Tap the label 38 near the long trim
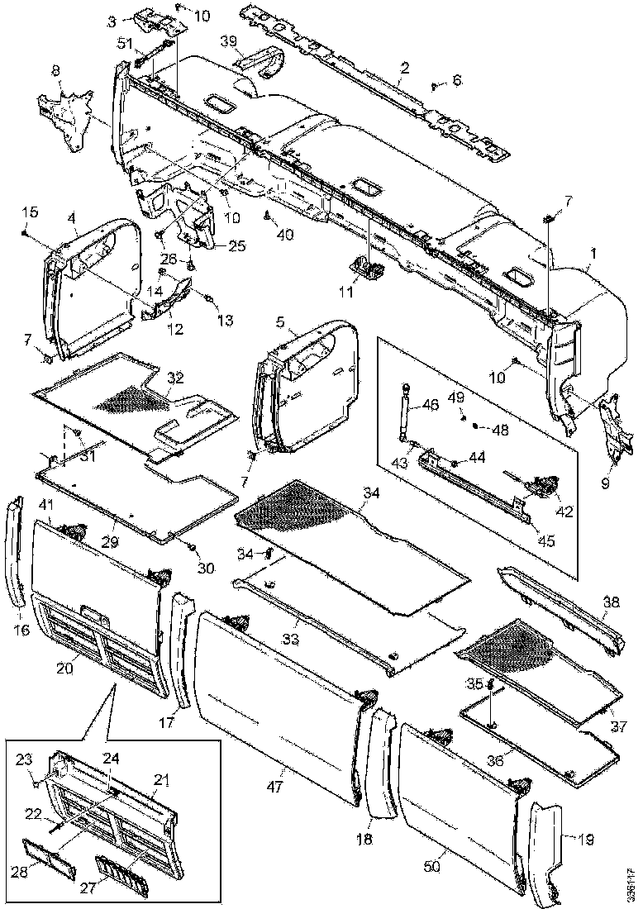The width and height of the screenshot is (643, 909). coord(611,603)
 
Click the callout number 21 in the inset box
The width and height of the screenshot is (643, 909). coord(162,778)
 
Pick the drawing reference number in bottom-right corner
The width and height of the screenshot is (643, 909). coord(631,884)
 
